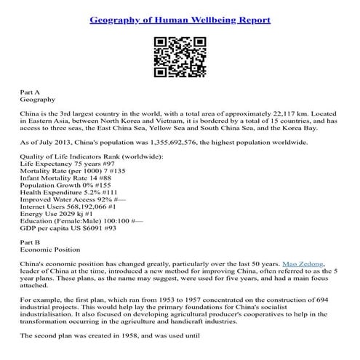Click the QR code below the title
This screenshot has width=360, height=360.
(179, 57)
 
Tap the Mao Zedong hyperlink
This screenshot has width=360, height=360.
(300, 261)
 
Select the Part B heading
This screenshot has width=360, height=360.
(31, 239)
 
